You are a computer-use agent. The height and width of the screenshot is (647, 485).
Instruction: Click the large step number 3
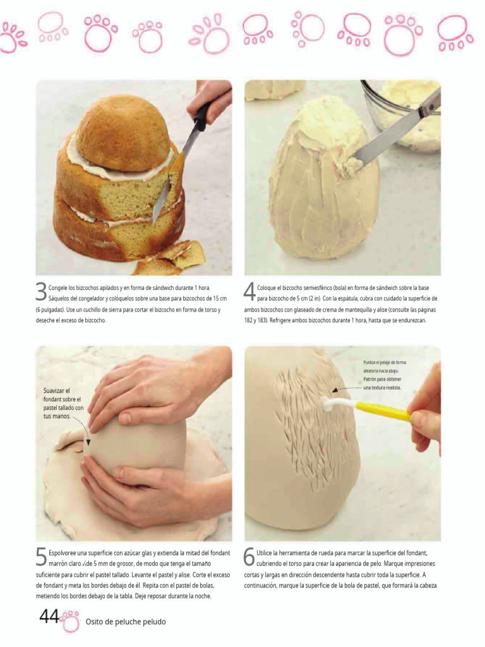[41, 292]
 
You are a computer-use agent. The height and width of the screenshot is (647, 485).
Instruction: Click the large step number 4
[249, 292]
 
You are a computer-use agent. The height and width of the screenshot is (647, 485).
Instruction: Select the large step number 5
[41, 557]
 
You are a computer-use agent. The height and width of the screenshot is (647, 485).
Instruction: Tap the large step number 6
[249, 557]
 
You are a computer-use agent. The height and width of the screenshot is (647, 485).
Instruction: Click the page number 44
[49, 617]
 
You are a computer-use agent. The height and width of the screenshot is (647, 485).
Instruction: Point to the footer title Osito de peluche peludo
[126, 622]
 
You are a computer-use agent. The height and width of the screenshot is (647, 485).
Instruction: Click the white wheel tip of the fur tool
[328, 406]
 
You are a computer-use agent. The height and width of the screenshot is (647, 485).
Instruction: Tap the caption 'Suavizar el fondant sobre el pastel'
[63, 404]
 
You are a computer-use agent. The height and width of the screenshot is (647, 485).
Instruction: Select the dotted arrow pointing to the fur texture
[347, 389]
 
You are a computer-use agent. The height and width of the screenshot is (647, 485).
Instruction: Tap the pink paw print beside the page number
[69, 621]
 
